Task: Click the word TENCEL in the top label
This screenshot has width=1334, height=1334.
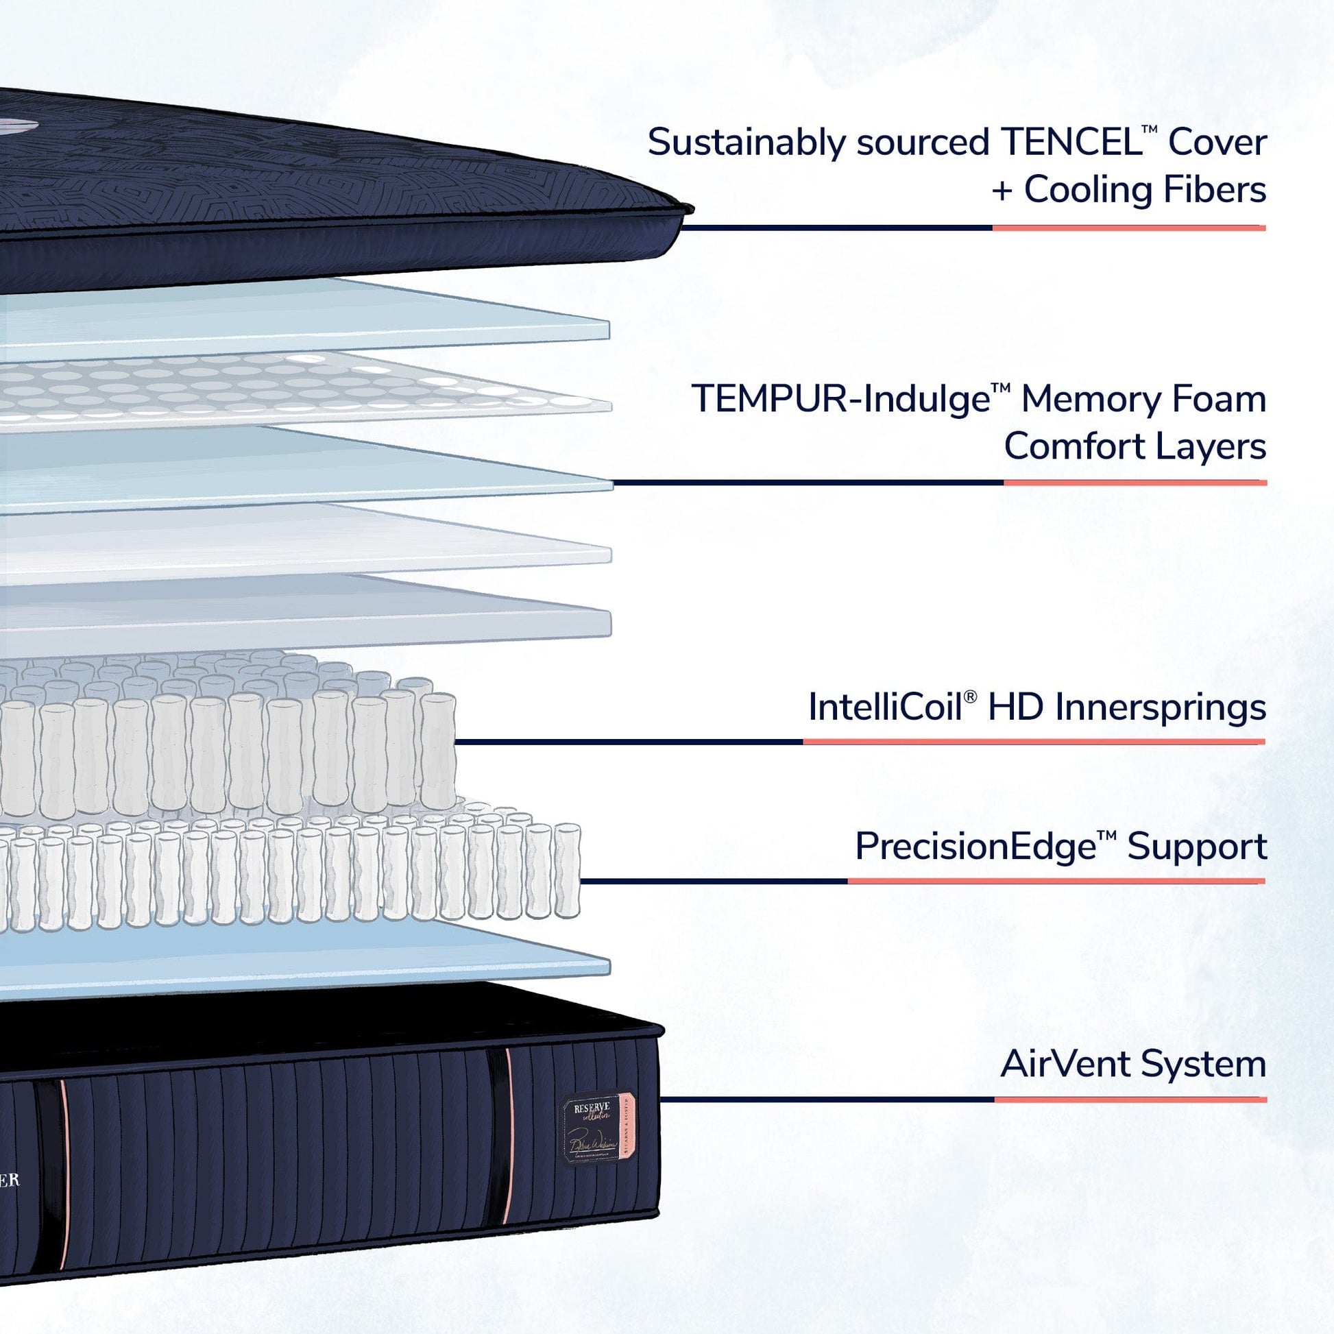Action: pyautogui.click(x=1070, y=143)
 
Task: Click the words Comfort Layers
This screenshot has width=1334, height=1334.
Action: pyautogui.click(x=1135, y=447)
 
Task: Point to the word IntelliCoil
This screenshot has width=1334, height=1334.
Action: pyautogui.click(x=884, y=707)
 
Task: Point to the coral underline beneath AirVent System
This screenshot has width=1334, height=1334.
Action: pyautogui.click(x=1130, y=1100)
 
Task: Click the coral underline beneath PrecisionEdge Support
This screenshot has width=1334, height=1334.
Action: pyautogui.click(x=1056, y=881)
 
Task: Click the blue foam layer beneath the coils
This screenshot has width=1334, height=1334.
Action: pyautogui.click(x=311, y=956)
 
